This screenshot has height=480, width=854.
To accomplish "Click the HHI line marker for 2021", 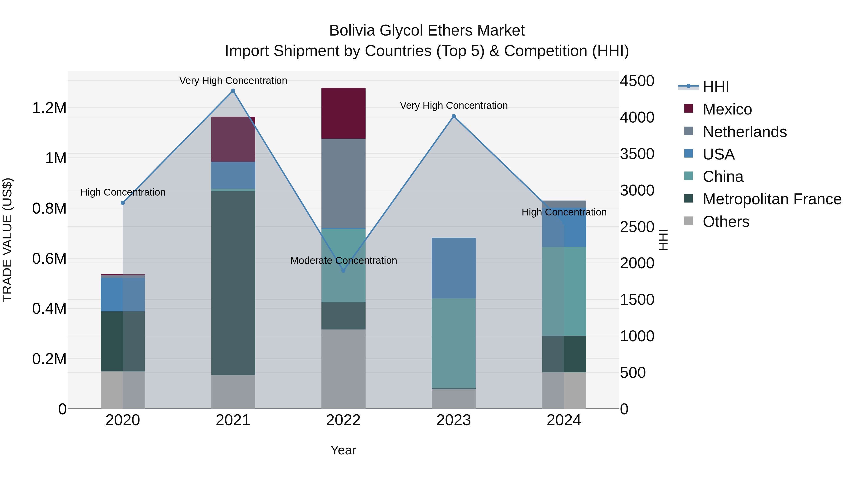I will pos(233,91).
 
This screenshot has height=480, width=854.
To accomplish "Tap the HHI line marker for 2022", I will pos(343,271).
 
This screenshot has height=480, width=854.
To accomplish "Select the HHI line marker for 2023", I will pos(454,116).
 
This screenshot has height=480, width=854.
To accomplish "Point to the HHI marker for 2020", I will pos(123,203).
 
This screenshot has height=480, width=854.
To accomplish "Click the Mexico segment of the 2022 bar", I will pos(343,113).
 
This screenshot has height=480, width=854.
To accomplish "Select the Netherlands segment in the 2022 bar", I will pos(343,183).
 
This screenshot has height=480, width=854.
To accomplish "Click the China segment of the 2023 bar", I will pos(454,343).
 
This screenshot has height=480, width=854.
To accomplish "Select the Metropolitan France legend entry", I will pos(771,199).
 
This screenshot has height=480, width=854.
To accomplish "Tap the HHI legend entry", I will pos(715,87).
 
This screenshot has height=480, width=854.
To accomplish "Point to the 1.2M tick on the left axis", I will pos(49,108).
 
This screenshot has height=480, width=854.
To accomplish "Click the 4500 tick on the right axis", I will pos(637,81).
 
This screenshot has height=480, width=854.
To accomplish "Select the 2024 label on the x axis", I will pos(564,420).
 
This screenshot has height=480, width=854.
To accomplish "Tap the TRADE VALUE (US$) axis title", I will pos(7,240).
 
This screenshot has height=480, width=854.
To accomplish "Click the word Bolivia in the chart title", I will pos(352,31).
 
